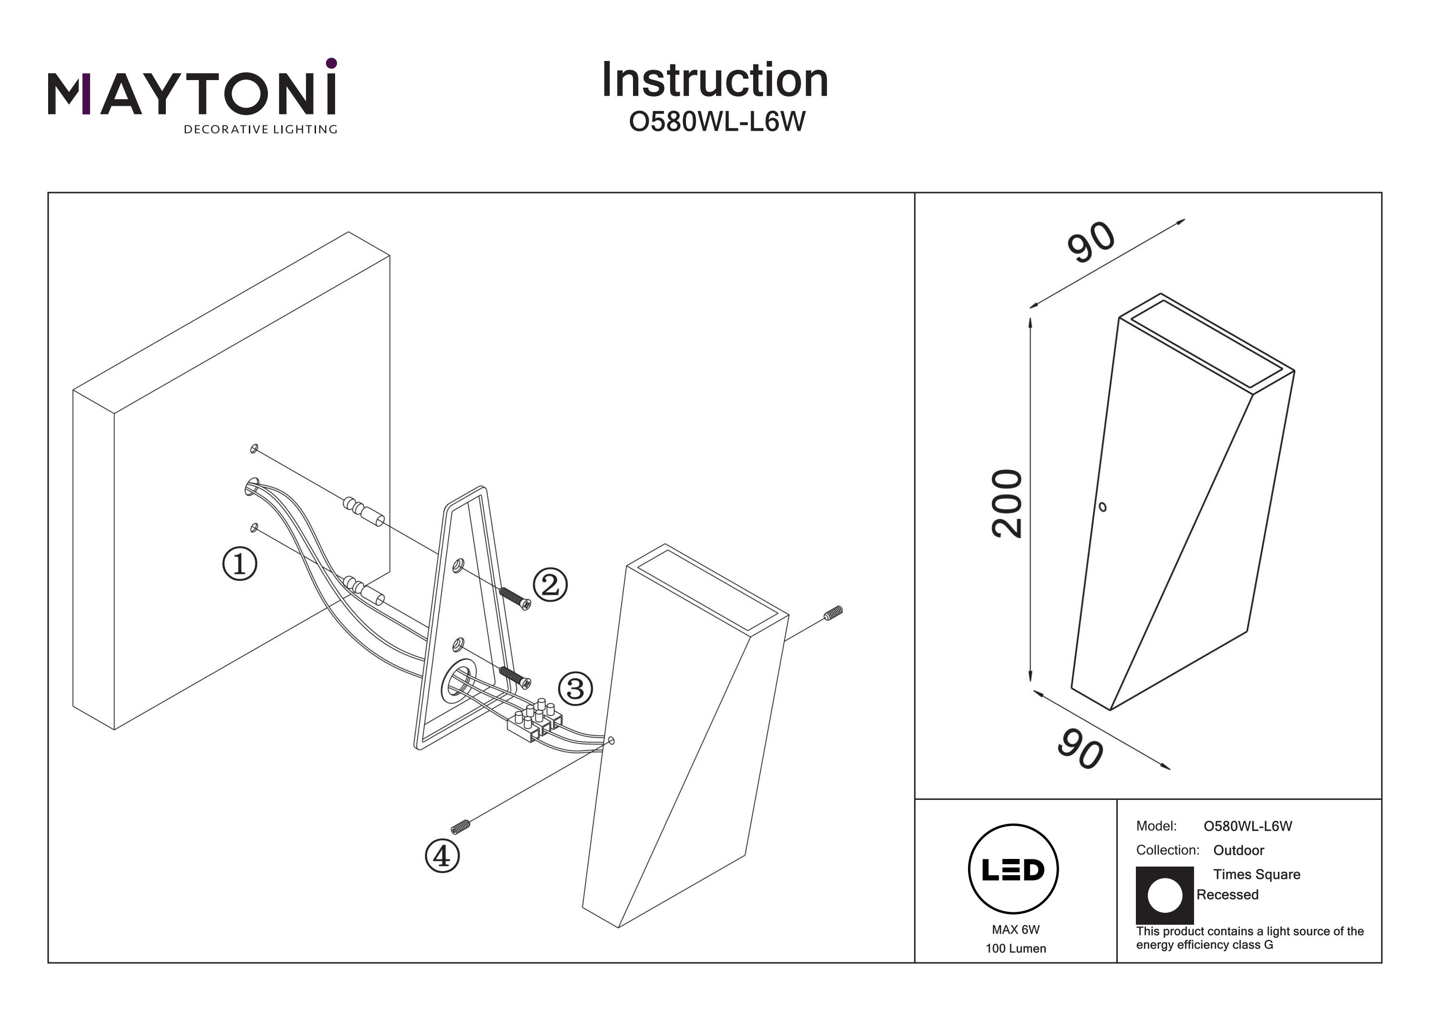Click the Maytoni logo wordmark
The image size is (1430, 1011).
[x=192, y=94]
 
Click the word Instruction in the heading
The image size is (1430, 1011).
[x=715, y=81]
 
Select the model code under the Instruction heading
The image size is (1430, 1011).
[x=717, y=122]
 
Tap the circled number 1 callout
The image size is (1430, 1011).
[x=240, y=564]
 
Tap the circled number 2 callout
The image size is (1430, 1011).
[x=550, y=585]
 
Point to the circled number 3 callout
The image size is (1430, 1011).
[x=575, y=689]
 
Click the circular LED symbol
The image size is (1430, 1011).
[x=1013, y=869]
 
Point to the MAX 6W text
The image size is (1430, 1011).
[x=1016, y=930]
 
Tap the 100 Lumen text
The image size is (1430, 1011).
[x=1016, y=949]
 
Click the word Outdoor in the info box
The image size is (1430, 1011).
[x=1239, y=850]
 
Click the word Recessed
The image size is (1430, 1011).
[x=1227, y=895]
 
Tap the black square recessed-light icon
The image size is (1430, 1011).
[x=1164, y=895]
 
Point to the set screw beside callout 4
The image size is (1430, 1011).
[x=460, y=827]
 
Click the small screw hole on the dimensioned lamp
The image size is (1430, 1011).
[x=1103, y=507]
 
